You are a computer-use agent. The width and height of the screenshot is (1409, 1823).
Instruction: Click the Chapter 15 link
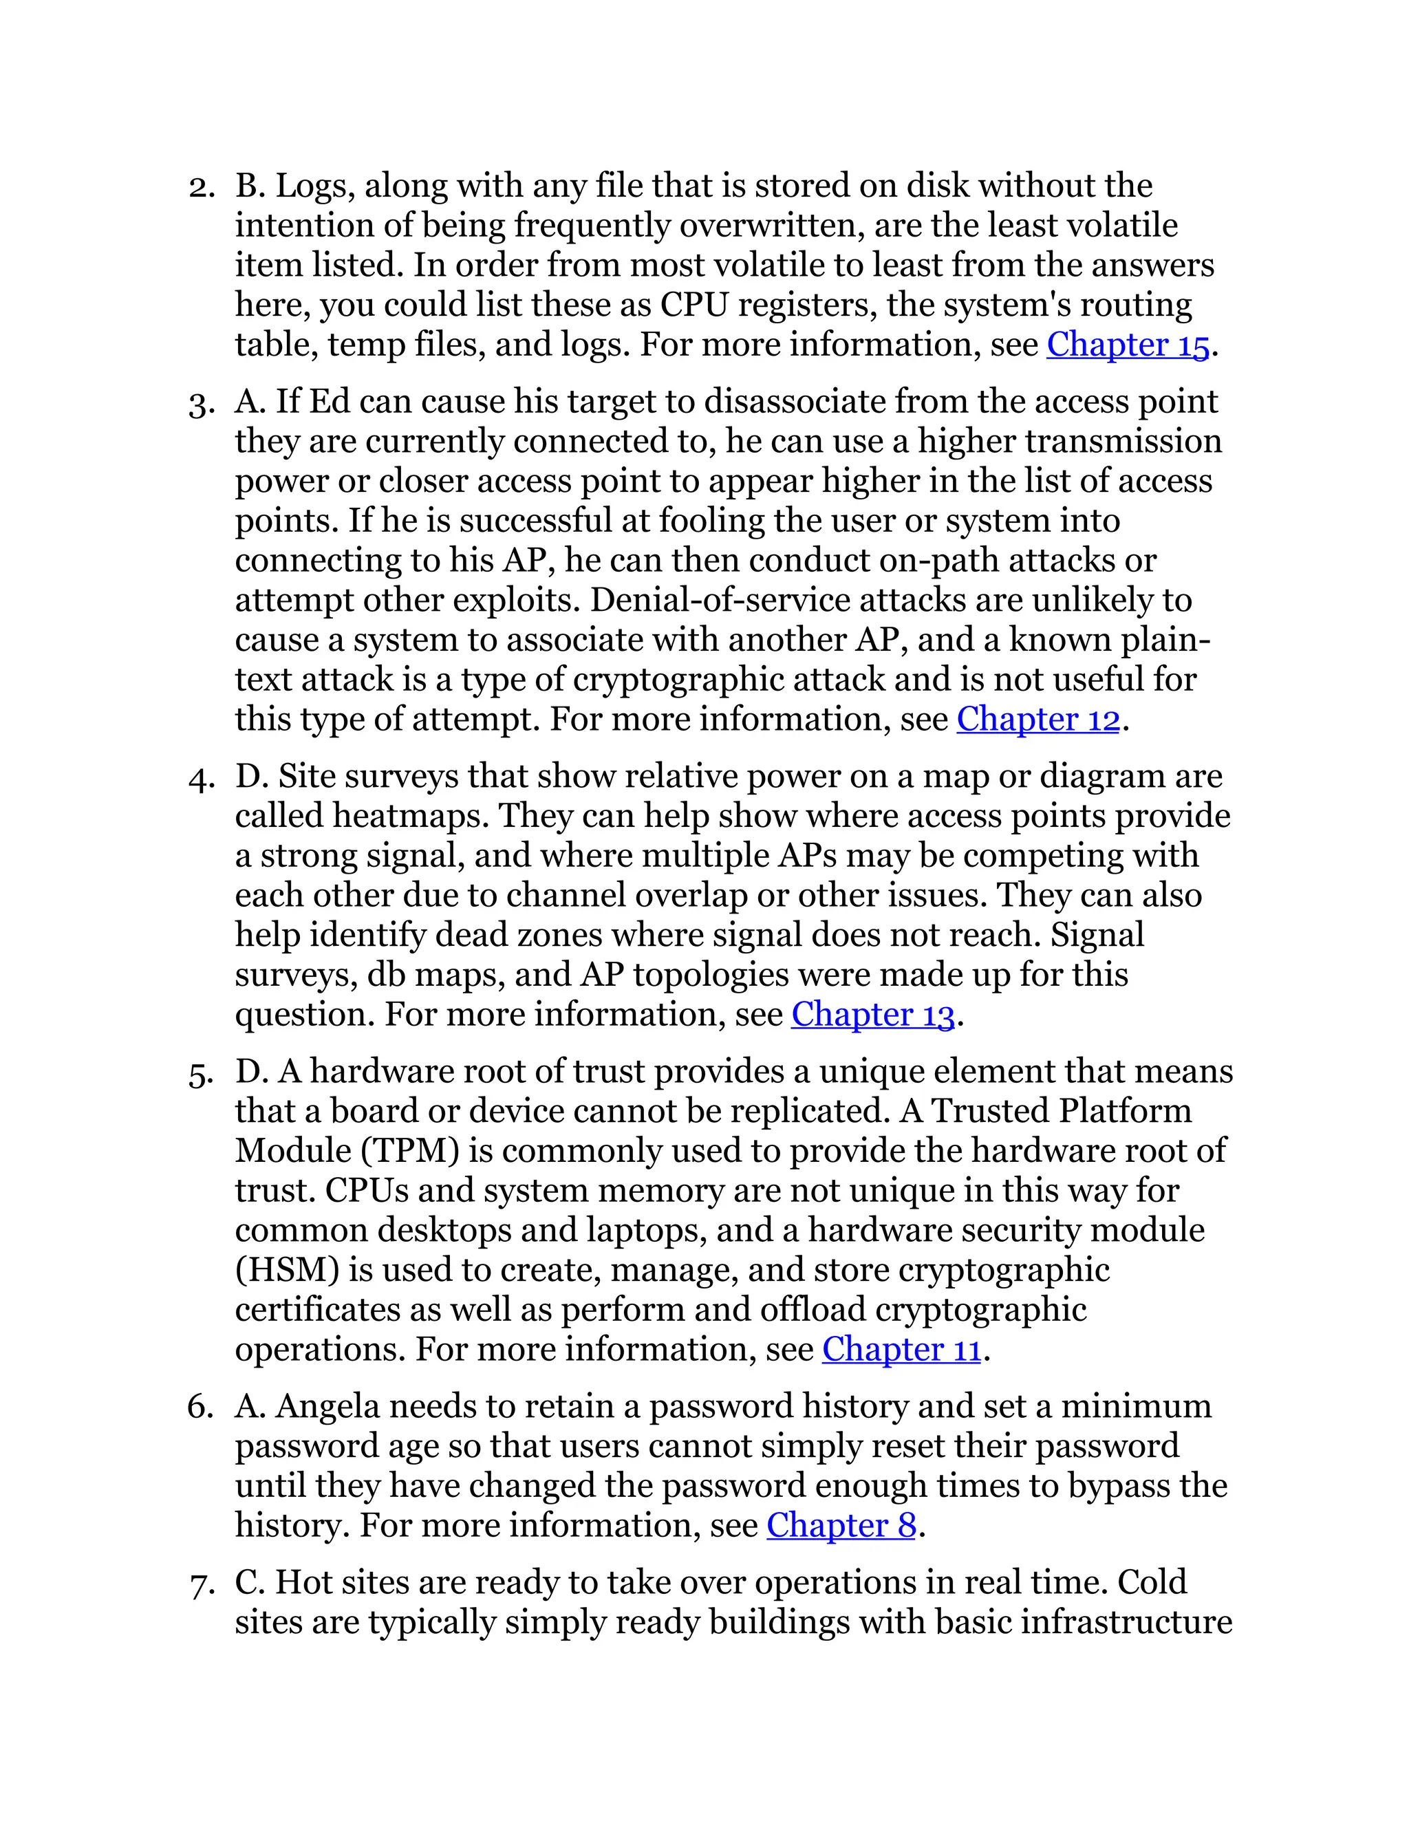click(1127, 345)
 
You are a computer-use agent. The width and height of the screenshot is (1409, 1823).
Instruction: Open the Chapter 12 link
click(1037, 720)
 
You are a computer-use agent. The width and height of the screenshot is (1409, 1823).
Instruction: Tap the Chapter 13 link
click(872, 1015)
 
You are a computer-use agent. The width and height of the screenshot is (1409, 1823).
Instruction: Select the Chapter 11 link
click(901, 1350)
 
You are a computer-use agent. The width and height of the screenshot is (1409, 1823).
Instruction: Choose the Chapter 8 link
click(841, 1526)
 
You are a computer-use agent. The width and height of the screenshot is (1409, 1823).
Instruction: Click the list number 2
click(200, 186)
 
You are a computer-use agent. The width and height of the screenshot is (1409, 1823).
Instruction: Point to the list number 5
click(200, 1072)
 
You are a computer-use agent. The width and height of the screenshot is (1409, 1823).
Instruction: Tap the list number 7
click(200, 1584)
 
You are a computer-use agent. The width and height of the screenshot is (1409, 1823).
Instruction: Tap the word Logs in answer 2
click(308, 186)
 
